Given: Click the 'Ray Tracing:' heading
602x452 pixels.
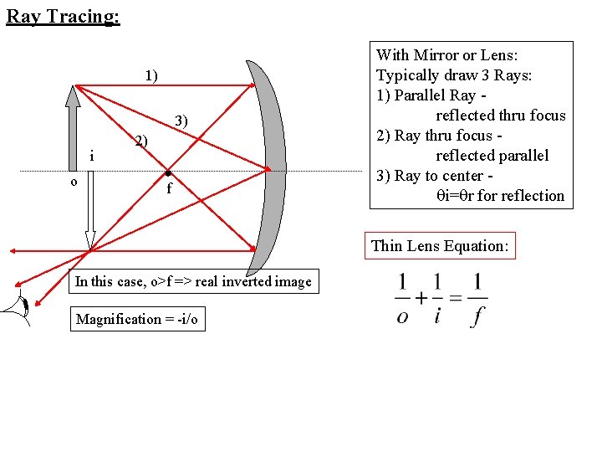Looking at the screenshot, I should click(x=63, y=16).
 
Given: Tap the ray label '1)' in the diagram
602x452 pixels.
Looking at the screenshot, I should click(x=150, y=76).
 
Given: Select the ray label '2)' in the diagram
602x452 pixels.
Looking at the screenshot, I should click(x=142, y=141).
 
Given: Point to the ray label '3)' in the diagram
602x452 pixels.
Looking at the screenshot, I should click(x=181, y=123).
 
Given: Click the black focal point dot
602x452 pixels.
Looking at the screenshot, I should click(x=168, y=172).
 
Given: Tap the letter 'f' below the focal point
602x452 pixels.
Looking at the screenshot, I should click(x=169, y=188).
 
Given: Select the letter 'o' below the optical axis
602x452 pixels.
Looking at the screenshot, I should click(x=74, y=181).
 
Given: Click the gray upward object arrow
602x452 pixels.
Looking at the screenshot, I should click(x=74, y=126).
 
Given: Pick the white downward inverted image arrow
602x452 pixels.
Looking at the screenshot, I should click(x=89, y=209).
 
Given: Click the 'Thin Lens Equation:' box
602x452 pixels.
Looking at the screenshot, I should click(x=440, y=245).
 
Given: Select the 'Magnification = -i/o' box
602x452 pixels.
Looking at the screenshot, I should click(x=137, y=319).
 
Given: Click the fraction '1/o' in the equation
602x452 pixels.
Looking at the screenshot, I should click(x=403, y=299).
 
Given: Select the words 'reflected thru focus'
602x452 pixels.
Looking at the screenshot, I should click(x=500, y=116).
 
